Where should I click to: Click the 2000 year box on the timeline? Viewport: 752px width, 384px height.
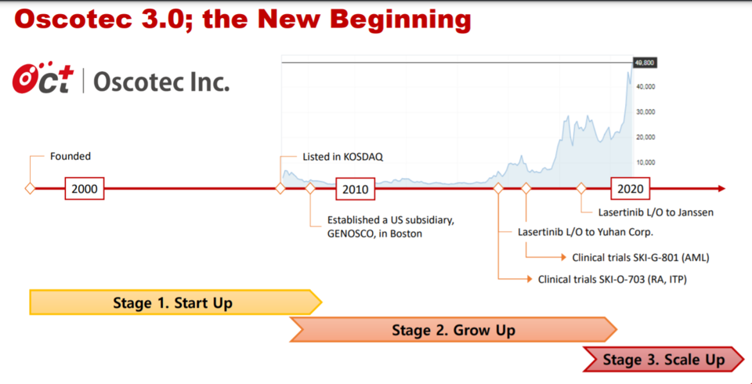coord(85,189)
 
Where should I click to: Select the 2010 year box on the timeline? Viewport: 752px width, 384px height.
coord(355,189)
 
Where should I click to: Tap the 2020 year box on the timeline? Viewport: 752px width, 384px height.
coord(630,189)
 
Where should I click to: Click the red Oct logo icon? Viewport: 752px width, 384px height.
coord(43,78)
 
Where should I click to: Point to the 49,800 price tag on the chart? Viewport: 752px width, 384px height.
coord(644,63)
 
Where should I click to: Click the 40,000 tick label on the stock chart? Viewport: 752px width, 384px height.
coord(645,87)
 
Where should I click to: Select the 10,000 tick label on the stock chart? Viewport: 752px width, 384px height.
coord(645,163)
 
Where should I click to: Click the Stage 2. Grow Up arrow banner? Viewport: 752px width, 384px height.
coord(454,330)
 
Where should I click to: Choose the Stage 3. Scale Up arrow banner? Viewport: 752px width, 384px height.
coord(663,360)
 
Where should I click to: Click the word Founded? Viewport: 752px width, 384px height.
coord(70,156)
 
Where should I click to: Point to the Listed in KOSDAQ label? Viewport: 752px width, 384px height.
coord(343,157)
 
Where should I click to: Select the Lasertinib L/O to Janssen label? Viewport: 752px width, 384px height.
coord(656,212)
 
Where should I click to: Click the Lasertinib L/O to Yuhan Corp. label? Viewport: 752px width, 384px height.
coord(586,232)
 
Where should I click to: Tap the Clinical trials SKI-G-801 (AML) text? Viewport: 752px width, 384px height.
coord(640,257)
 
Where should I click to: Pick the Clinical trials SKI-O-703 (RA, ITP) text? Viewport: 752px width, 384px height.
coord(613,279)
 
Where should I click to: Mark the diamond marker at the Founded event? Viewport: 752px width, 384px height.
coord(30,189)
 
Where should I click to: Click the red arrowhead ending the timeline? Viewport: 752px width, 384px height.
coord(721,189)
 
